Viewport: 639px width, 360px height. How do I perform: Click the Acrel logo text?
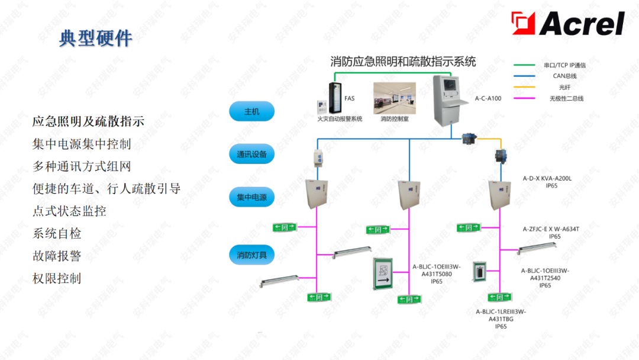(x=582, y=24)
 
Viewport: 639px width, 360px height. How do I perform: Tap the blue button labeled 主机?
(x=252, y=111)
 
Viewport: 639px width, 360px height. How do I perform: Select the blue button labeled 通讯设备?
(x=252, y=155)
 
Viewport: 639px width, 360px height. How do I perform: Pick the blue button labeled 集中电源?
(x=252, y=197)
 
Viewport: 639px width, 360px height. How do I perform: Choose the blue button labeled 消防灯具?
(x=252, y=255)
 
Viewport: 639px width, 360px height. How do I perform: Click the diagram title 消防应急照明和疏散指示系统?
(x=403, y=62)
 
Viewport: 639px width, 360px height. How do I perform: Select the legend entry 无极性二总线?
(x=566, y=98)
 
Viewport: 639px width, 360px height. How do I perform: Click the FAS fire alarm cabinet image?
(x=336, y=98)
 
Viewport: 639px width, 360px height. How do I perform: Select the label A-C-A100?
(x=488, y=98)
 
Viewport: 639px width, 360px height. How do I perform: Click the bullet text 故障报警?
(x=57, y=256)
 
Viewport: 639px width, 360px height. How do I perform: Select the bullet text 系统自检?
(x=57, y=233)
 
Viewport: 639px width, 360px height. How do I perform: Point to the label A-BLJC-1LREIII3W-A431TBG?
(x=501, y=315)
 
